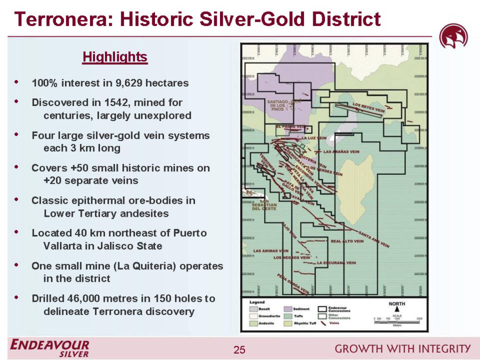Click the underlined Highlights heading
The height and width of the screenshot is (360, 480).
point(115,57)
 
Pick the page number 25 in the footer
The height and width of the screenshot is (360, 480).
point(239,349)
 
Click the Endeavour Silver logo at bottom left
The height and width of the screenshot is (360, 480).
point(50,348)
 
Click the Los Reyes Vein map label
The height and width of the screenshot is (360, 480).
point(369,107)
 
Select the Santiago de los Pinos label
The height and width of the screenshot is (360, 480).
point(277,105)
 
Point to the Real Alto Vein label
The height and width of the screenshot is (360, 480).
point(347,241)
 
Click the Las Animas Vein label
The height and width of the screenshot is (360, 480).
point(271,251)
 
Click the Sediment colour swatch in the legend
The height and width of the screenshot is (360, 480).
point(288,309)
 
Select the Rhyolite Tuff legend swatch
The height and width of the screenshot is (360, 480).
point(288,323)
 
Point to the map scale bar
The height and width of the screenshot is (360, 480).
point(397,322)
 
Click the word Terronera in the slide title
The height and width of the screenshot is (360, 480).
point(64,19)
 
